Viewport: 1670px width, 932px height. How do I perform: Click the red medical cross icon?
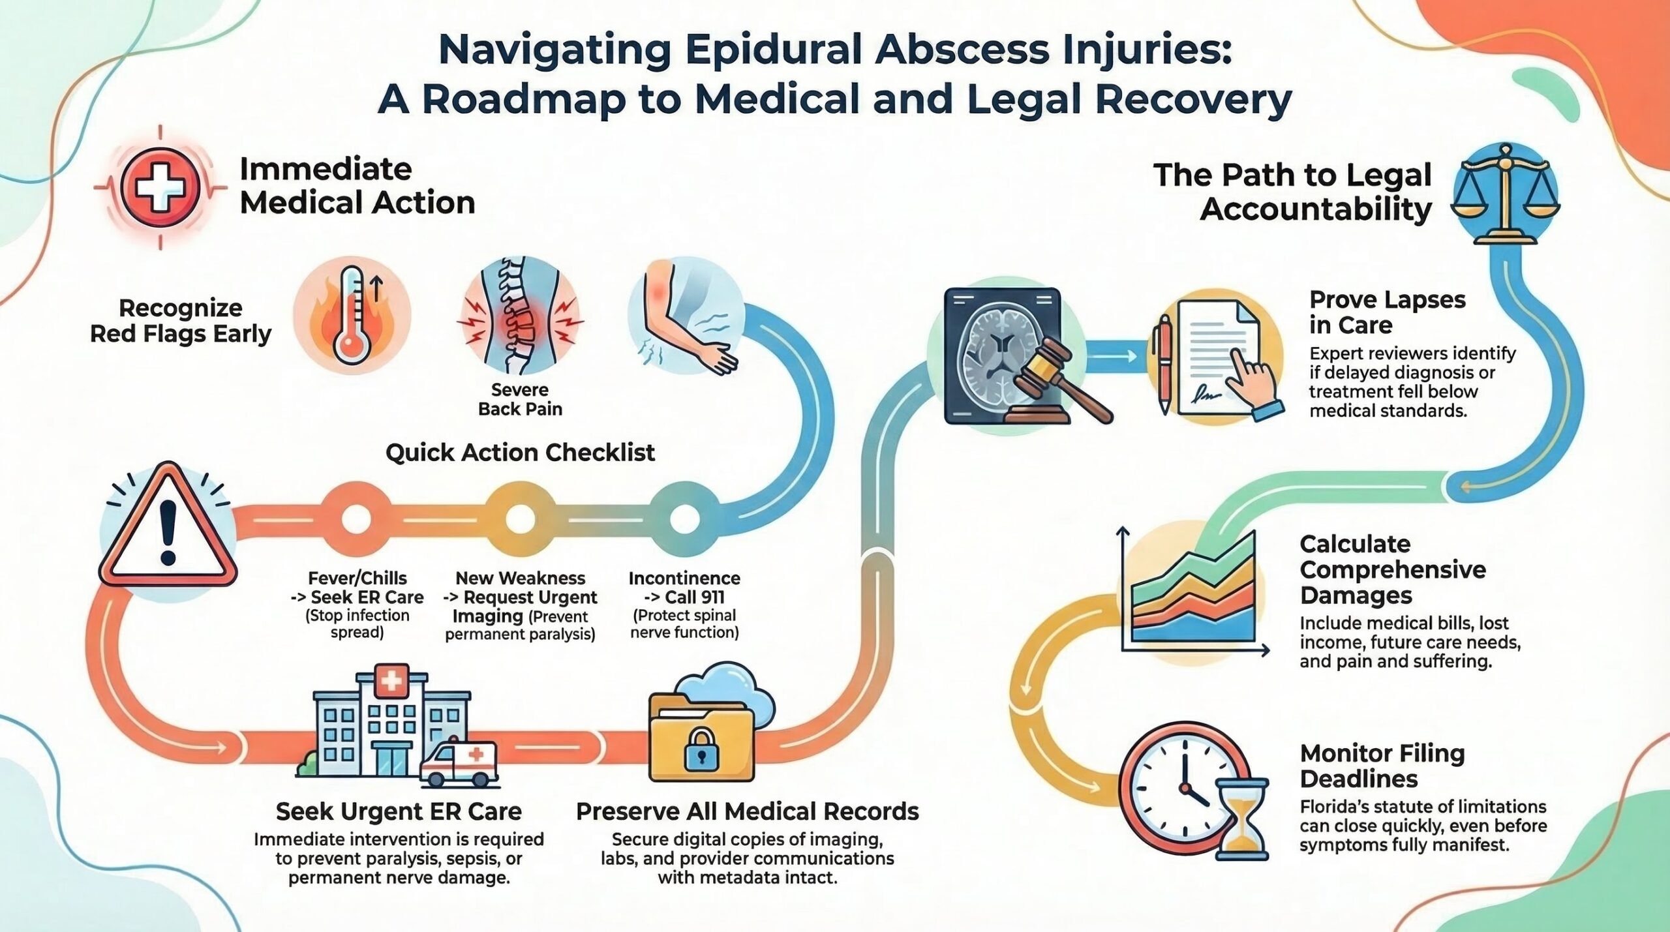pyautogui.click(x=160, y=187)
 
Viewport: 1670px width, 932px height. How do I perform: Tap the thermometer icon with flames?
pyautogui.click(x=353, y=315)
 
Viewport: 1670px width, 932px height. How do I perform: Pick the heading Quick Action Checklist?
pyautogui.click(x=520, y=452)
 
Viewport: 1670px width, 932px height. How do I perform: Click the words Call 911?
pyautogui.click(x=694, y=597)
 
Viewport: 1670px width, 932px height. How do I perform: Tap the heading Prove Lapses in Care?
pyautogui.click(x=1388, y=312)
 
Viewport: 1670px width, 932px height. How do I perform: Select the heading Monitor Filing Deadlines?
pyautogui.click(x=1382, y=766)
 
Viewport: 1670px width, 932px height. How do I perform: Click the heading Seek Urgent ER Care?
pyautogui.click(x=399, y=811)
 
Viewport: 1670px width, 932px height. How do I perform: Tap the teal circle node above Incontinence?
pyautogui.click(x=684, y=520)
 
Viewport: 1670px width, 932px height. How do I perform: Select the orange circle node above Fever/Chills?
pyautogui.click(x=356, y=520)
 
